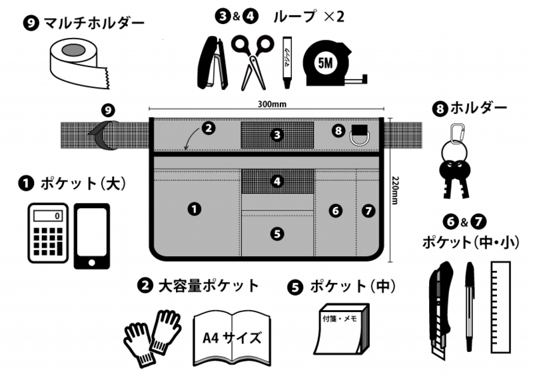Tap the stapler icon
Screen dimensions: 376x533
coord(213,63)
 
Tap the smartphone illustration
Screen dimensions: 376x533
coord(92,235)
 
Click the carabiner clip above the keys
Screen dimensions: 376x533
coord(454,136)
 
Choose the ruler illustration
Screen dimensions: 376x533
coord(500,306)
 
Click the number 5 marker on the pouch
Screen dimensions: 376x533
coord(278,233)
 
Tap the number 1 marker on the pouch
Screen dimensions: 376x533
coord(194,209)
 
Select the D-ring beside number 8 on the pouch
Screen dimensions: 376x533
coord(360,139)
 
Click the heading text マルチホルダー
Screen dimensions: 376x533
coord(94,23)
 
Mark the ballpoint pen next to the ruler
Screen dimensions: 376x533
coord(470,306)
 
